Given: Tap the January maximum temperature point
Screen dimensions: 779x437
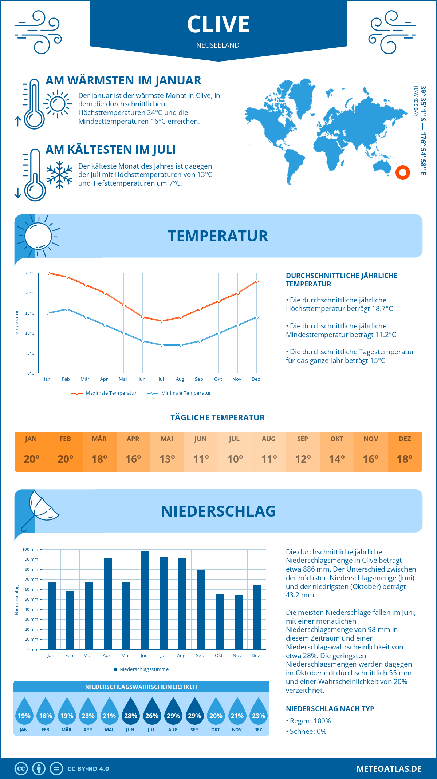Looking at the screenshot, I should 48,273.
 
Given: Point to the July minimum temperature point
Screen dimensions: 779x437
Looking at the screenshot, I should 162,345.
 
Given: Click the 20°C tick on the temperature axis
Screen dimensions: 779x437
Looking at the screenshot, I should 30,293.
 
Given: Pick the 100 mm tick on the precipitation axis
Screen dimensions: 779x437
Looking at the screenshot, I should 30,549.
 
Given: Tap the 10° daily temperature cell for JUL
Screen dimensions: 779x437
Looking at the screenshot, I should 235,459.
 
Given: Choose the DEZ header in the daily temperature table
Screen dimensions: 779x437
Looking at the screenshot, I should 405,439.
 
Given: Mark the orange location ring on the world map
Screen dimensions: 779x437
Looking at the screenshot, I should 403,173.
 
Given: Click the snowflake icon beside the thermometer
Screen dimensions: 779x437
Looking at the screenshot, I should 59,175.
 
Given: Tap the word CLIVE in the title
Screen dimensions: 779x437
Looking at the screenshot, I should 218,24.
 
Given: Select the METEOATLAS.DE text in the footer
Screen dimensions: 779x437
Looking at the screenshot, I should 389,769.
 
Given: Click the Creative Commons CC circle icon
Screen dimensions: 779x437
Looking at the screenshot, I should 21,769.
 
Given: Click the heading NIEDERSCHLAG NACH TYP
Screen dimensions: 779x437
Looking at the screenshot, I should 330,709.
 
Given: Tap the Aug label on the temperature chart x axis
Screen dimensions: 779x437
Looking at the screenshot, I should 180,379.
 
